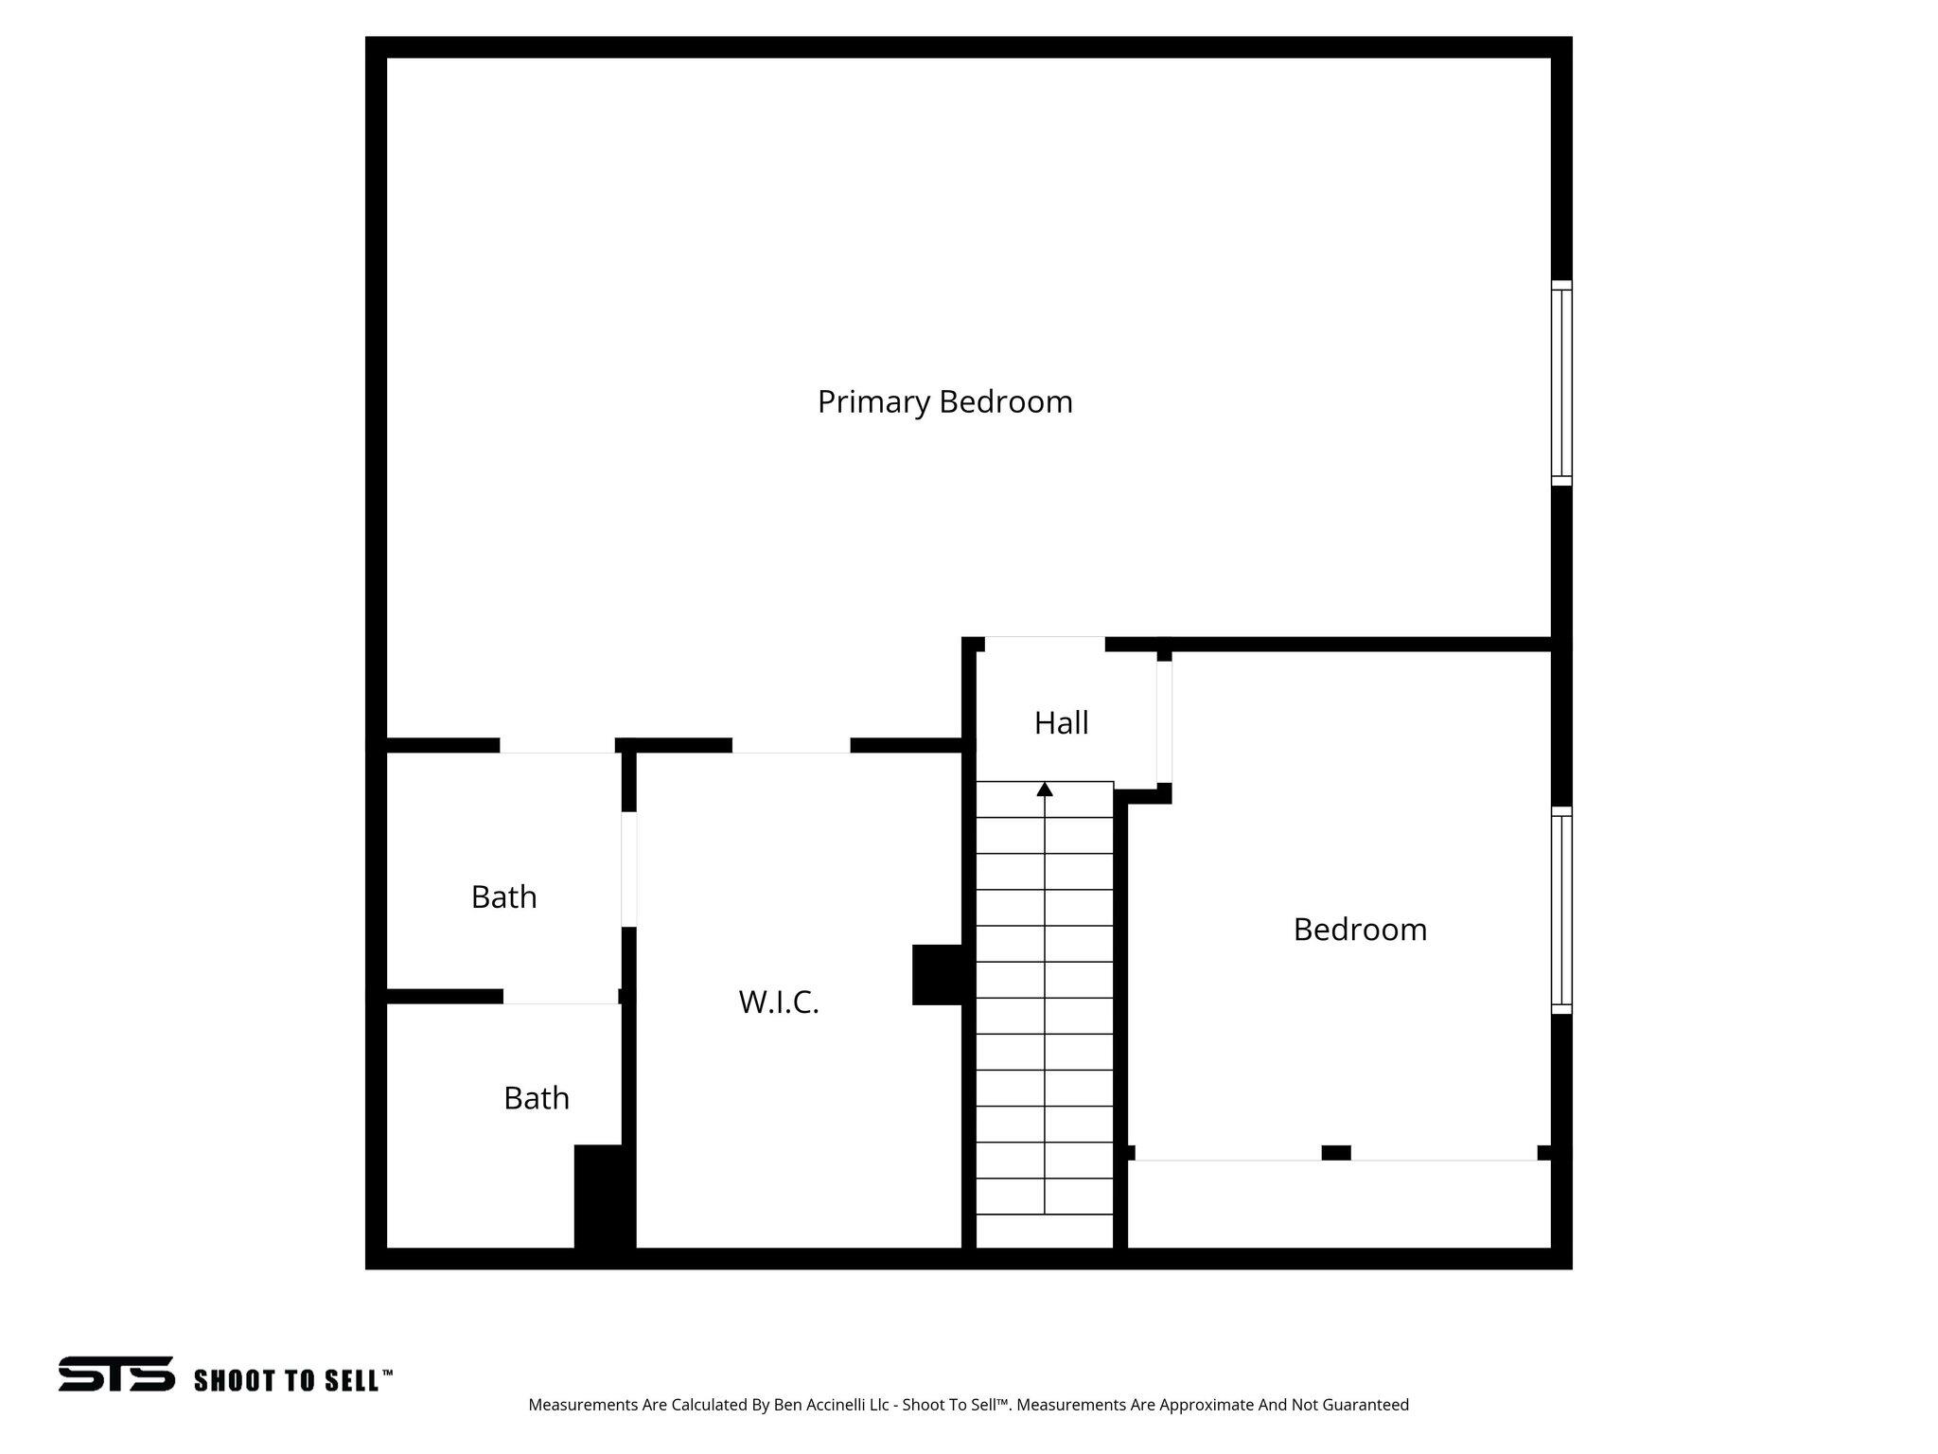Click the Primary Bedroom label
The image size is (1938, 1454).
[944, 402]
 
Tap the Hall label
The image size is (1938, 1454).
[1061, 723]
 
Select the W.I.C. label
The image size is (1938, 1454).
[778, 1002]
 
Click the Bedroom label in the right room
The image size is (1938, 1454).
[1360, 930]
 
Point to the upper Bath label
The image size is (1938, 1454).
[503, 896]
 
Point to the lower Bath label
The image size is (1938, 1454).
[536, 1098]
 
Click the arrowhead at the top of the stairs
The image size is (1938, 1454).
[1045, 789]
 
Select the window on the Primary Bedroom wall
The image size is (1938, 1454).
[1561, 383]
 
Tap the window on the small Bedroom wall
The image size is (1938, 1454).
[1561, 910]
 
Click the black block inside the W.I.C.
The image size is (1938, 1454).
[937, 974]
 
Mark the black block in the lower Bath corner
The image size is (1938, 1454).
[603, 1198]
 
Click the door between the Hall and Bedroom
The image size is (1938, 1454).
[1164, 722]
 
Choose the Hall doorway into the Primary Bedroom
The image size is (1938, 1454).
[1045, 644]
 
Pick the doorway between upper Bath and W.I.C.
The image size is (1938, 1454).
[628, 869]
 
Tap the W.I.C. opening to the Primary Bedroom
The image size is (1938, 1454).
[791, 746]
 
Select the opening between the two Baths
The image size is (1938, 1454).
[560, 997]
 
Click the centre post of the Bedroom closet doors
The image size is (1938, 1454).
[1335, 1152]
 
